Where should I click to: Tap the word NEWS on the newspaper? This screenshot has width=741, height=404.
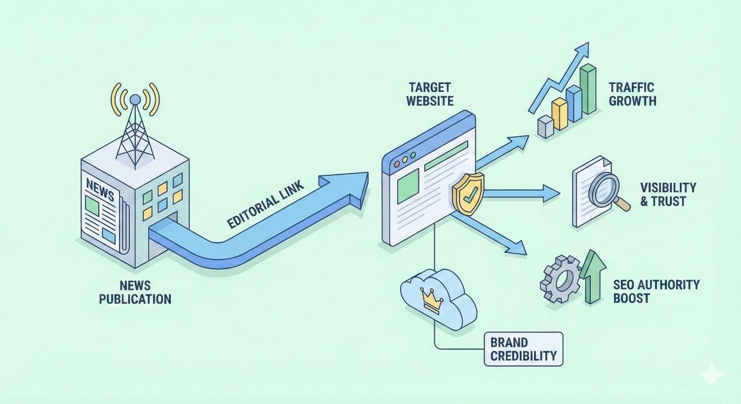coord(100,190)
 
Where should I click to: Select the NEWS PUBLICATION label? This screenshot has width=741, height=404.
coord(135,292)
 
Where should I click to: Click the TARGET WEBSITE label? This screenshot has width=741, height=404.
coord(430,94)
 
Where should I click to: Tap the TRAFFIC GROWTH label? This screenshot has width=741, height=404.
coord(632,94)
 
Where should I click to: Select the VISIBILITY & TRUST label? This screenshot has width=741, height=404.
coord(668,194)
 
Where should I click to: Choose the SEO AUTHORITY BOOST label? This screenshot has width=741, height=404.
coord(656,291)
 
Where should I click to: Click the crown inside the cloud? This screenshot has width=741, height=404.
coord(432,299)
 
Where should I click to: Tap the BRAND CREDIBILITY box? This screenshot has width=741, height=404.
coord(523,349)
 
